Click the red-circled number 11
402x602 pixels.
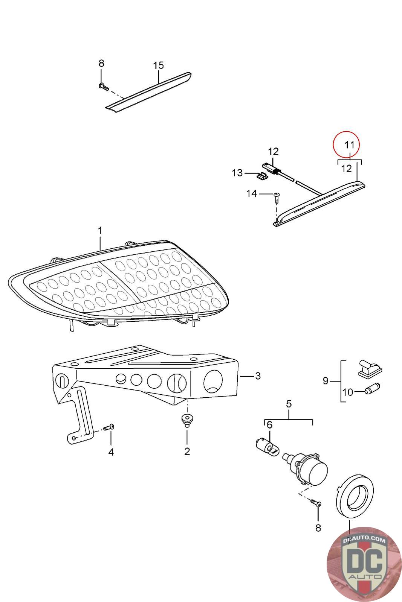pyautogui.click(x=350, y=144)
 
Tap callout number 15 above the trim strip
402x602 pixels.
pyautogui.click(x=158, y=65)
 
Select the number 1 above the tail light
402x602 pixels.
pyautogui.click(x=100, y=230)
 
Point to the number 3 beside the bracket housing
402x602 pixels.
pyautogui.click(x=258, y=376)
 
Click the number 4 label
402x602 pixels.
pyautogui.click(x=111, y=452)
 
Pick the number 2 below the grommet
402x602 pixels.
pyautogui.click(x=187, y=451)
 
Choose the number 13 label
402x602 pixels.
pyautogui.click(x=237, y=173)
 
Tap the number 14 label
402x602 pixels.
pyautogui.click(x=251, y=194)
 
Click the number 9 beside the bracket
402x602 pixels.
pyautogui.click(x=326, y=381)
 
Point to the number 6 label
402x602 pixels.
pyautogui.click(x=269, y=425)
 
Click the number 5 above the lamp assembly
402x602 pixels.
pyautogui.click(x=289, y=404)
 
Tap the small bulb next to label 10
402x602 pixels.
pyautogui.click(x=373, y=388)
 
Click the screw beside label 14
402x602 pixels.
pyautogui.click(x=277, y=196)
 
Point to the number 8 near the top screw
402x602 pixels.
pyautogui.click(x=101, y=63)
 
